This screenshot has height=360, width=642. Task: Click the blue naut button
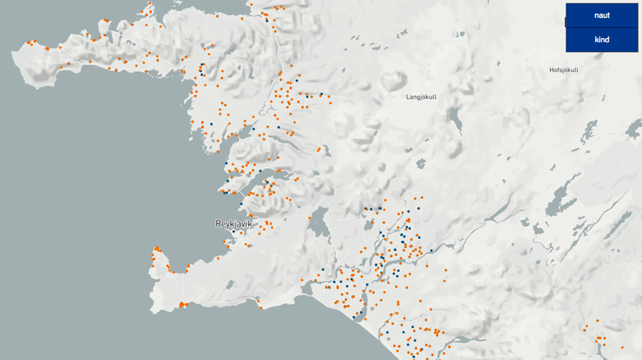point(601,15)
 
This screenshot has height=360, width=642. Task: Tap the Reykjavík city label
point(233,224)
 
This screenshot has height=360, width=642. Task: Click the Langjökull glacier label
point(421,96)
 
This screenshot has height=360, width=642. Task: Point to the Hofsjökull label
point(564,70)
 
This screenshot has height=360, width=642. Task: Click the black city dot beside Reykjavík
point(233,232)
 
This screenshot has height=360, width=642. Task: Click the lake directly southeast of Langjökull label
point(454,118)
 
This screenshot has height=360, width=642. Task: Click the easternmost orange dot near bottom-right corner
point(622,346)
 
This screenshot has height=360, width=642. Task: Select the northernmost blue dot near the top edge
point(267,20)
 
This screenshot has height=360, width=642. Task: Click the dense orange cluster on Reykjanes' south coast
point(182,304)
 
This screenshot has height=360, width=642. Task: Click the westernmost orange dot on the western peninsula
point(28,43)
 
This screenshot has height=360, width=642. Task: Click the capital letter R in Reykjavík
point(218,224)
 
